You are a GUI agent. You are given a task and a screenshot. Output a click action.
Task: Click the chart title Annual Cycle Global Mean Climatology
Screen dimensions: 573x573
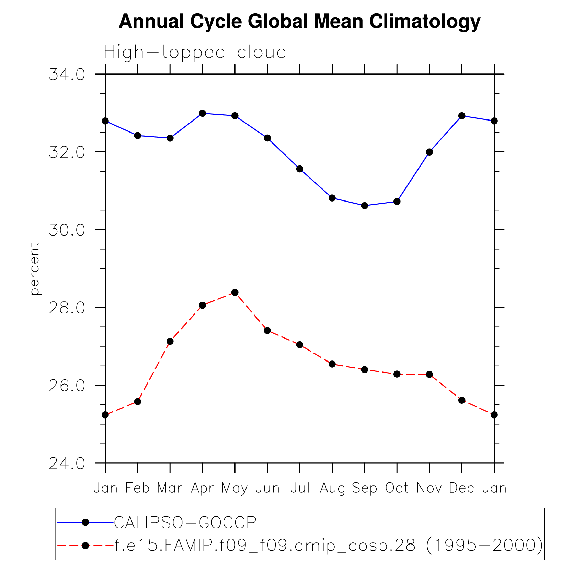[x=299, y=22]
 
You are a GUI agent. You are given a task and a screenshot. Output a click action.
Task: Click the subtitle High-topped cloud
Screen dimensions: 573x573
[x=195, y=53]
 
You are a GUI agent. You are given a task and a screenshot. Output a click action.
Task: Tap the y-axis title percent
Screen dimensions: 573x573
[x=35, y=268]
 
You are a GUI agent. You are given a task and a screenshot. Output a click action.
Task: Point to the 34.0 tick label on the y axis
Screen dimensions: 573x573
[x=67, y=75]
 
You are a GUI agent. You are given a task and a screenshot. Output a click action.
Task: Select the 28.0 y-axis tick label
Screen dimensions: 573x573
[x=67, y=308]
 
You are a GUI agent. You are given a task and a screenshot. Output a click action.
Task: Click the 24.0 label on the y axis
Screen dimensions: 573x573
[x=67, y=463]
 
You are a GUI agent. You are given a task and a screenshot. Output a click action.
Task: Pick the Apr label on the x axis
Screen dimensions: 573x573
[x=203, y=488]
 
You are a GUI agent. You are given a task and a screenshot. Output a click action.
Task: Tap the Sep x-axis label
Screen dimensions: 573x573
[x=365, y=488]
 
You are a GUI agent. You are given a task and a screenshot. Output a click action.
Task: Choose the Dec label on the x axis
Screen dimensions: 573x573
[x=462, y=488]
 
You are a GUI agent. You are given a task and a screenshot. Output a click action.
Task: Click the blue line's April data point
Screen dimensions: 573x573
[x=203, y=113]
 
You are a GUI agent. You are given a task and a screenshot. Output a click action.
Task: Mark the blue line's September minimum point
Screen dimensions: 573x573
[x=365, y=206]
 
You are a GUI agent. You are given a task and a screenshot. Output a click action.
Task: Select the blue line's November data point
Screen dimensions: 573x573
[x=429, y=152]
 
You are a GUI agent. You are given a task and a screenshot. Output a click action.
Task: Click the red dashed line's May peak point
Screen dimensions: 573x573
[x=235, y=293]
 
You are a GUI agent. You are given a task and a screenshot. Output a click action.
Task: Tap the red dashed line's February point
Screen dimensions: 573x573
[x=138, y=402]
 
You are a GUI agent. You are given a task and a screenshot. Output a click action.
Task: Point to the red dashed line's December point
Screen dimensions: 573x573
[x=462, y=400]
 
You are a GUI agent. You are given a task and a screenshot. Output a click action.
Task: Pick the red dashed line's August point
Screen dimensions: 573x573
[x=332, y=364]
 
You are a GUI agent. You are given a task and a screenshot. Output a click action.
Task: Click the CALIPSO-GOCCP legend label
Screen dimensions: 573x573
[x=185, y=523]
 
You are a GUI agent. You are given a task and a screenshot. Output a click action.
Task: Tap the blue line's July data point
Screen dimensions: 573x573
[x=300, y=169]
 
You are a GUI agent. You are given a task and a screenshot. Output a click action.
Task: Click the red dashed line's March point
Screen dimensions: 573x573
[x=170, y=341]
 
